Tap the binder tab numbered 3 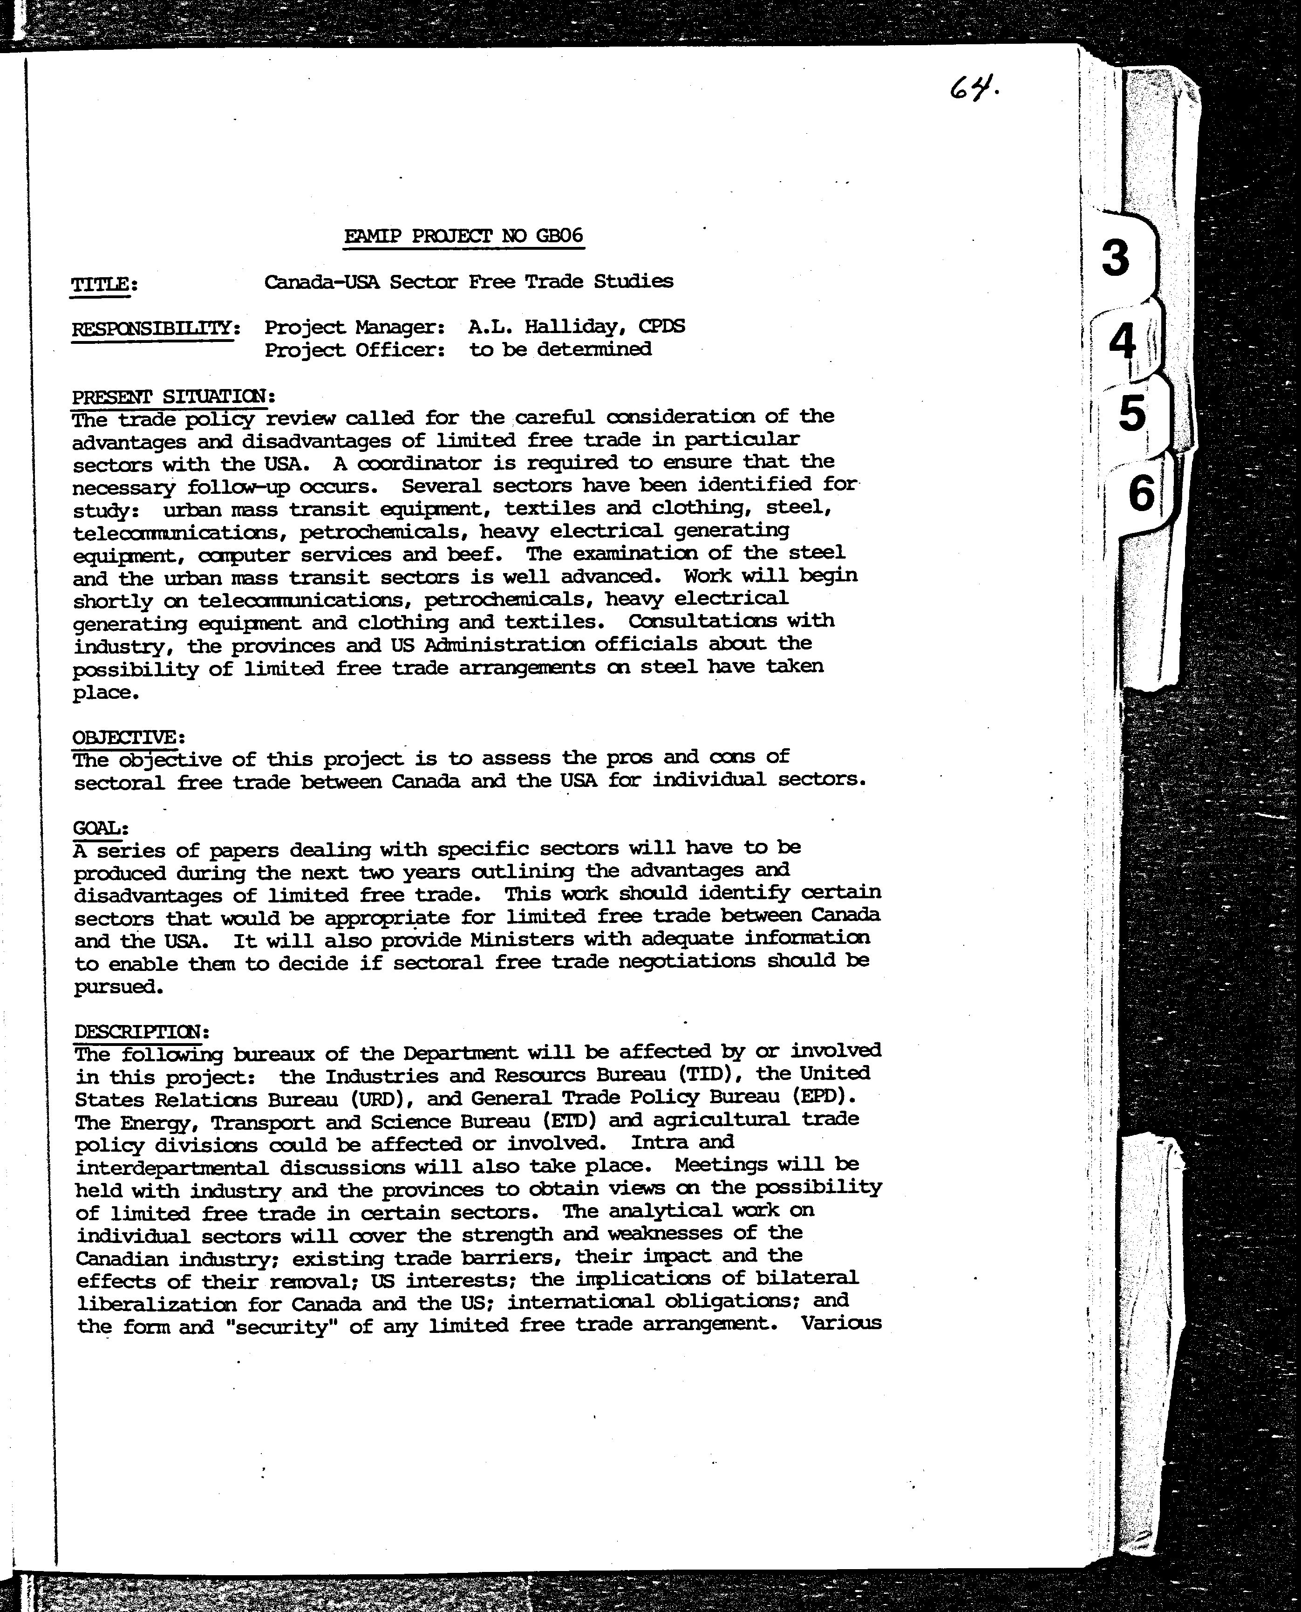1116,258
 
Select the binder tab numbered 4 1123,342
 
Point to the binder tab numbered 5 1132,413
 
